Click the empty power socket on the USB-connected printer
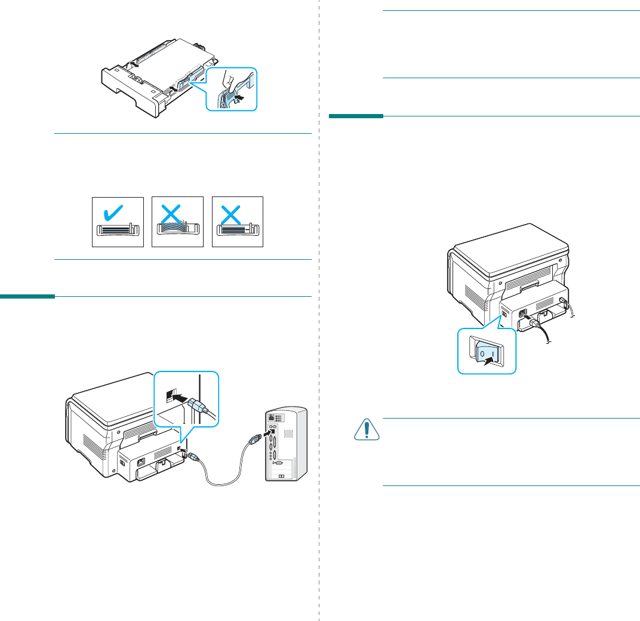coord(141,460)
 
